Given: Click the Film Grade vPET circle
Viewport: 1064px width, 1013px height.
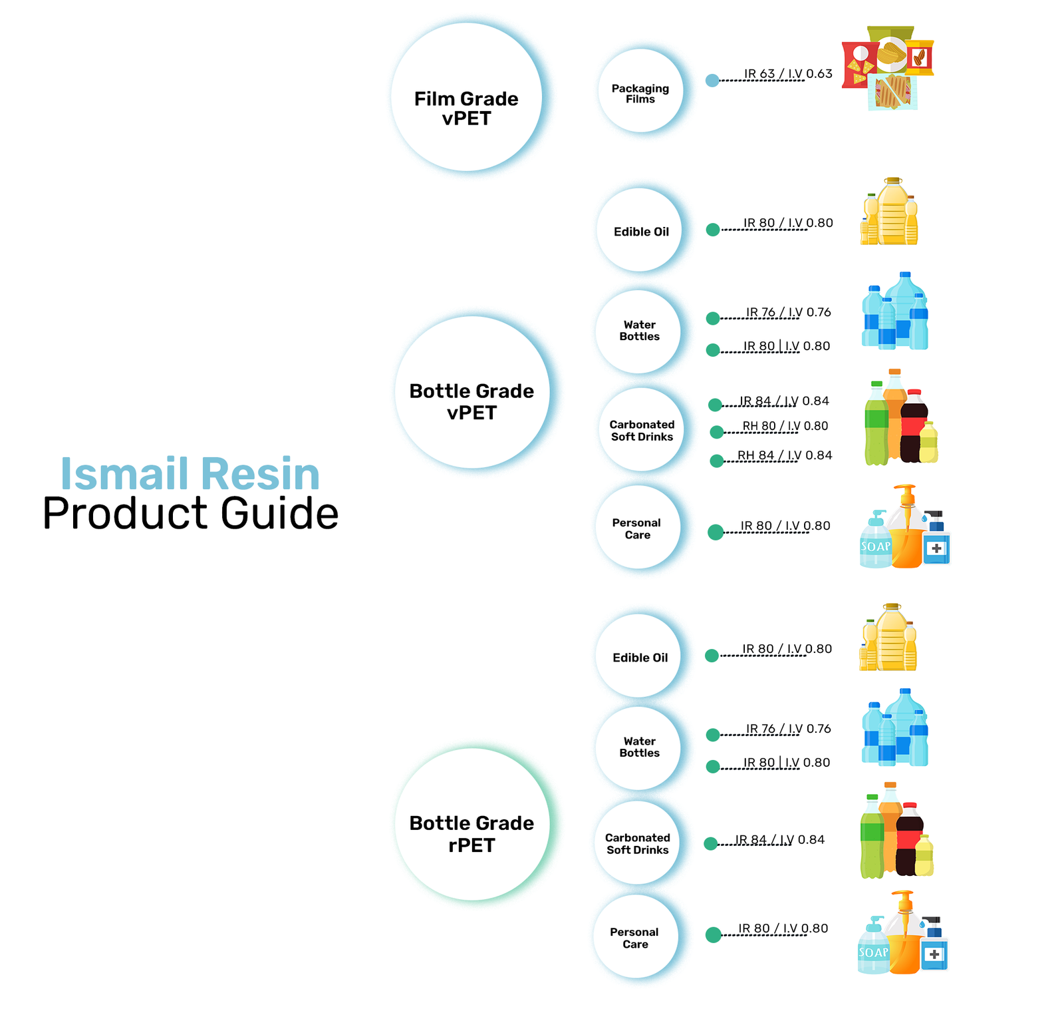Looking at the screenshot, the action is tap(466, 97).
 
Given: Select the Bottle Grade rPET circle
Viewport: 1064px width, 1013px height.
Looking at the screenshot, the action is tap(472, 824).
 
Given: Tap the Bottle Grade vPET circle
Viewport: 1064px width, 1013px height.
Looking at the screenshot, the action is tap(472, 392).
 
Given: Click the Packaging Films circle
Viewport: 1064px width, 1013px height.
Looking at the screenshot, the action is tap(640, 91).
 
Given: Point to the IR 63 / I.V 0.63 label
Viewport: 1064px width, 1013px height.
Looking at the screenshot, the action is tap(788, 73).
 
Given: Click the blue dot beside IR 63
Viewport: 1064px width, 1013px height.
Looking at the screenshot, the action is tap(712, 81).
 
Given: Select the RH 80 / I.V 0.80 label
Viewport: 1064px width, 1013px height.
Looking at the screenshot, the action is tap(785, 426).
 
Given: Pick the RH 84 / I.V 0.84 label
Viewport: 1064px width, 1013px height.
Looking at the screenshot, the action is tap(785, 455).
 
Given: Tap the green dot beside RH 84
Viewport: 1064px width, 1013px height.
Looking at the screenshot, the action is tap(717, 461).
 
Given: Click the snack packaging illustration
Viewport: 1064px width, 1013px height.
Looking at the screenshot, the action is tap(888, 68).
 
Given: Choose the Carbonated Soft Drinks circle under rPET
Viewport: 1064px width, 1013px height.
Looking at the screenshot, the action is tap(638, 843).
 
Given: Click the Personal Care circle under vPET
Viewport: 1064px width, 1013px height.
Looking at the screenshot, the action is tap(637, 527).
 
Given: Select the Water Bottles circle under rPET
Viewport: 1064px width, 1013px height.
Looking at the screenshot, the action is tap(639, 748).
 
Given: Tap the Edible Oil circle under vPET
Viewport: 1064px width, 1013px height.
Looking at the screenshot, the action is tap(640, 230).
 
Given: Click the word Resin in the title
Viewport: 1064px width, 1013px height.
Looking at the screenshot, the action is tap(260, 473).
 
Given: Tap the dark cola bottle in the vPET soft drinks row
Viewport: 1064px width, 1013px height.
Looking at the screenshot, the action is tap(914, 426).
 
